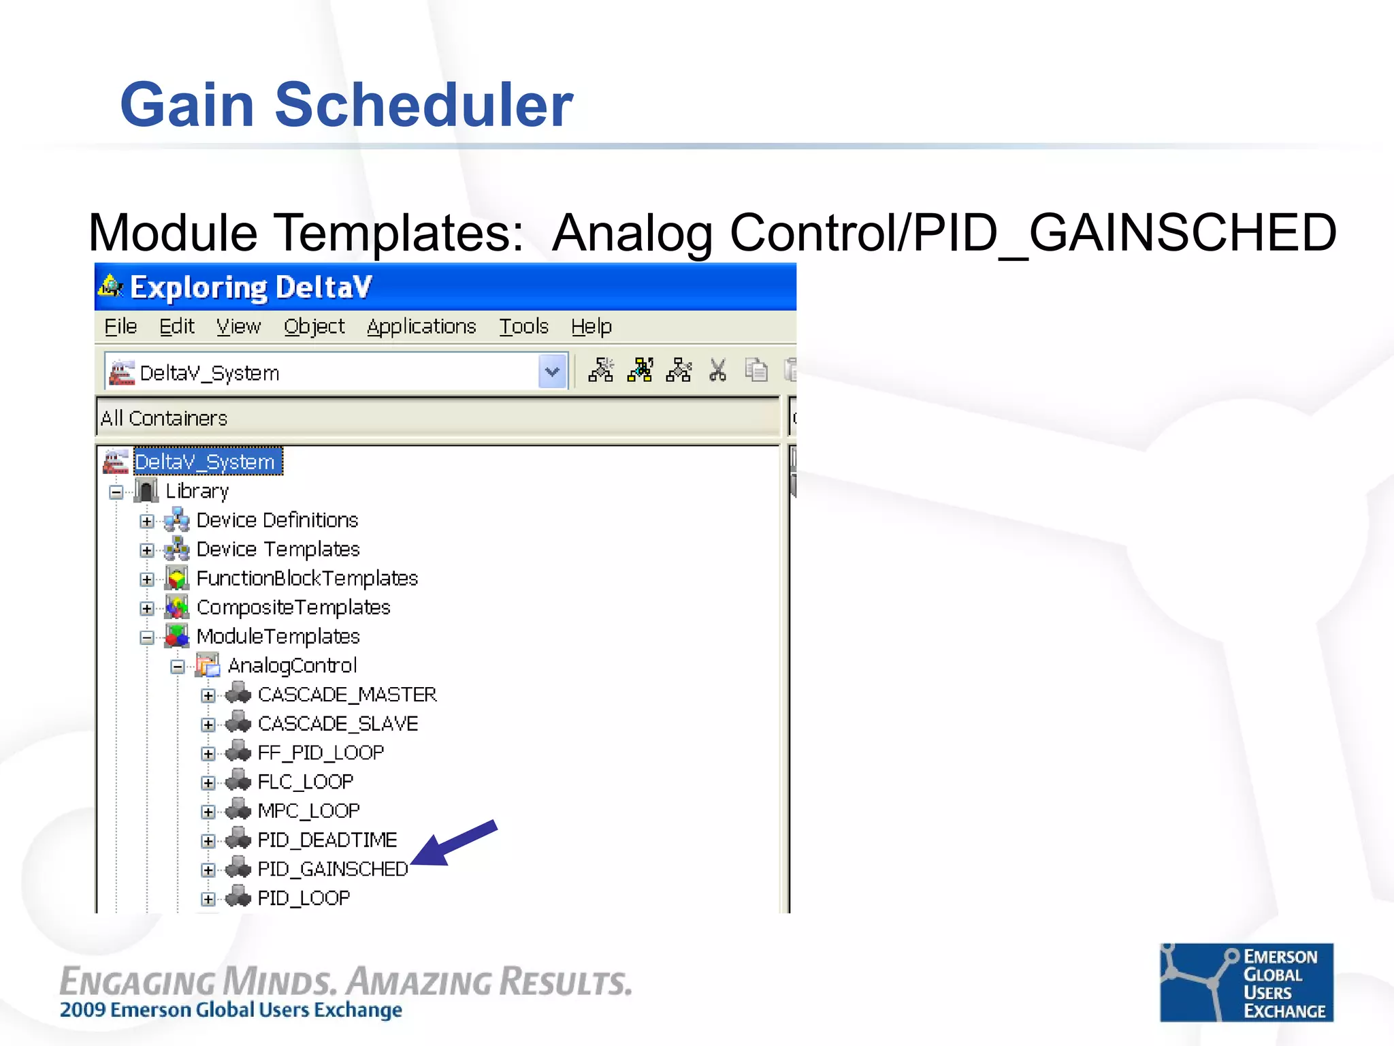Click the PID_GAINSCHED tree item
tap(332, 870)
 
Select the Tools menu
tap(523, 327)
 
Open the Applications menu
tap(421, 327)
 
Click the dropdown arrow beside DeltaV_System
tap(552, 372)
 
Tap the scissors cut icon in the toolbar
tap(717, 371)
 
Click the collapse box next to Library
tap(116, 492)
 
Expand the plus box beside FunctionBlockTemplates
tap(147, 579)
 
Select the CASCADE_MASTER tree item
tap(346, 695)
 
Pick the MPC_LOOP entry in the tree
tap(308, 811)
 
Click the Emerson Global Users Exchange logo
tap(1246, 982)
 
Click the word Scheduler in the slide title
tap(423, 105)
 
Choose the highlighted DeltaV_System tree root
tap(205, 462)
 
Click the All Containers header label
tap(164, 418)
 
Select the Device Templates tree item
tap(278, 550)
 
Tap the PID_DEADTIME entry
tap(327, 840)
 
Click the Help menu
tap(591, 327)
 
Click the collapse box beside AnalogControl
tap(178, 666)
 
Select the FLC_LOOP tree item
tap(305, 782)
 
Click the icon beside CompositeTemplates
tap(177, 607)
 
